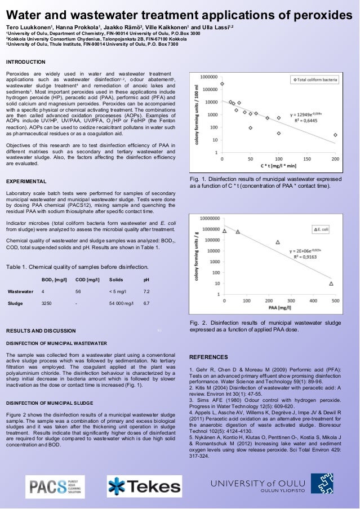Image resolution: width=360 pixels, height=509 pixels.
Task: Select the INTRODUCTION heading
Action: click(25, 61)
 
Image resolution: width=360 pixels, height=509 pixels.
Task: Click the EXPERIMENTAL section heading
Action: click(26, 182)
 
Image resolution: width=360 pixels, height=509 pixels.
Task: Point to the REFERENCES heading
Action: click(208, 357)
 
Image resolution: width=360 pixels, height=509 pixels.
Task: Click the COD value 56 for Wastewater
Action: click(78, 291)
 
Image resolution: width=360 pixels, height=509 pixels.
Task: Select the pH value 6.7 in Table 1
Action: click(146, 303)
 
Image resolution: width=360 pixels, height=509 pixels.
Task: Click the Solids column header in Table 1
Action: click(116, 280)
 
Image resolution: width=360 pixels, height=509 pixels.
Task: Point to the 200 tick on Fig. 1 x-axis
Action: click(335, 159)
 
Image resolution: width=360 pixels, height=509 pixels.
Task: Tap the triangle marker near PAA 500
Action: click(331, 284)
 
